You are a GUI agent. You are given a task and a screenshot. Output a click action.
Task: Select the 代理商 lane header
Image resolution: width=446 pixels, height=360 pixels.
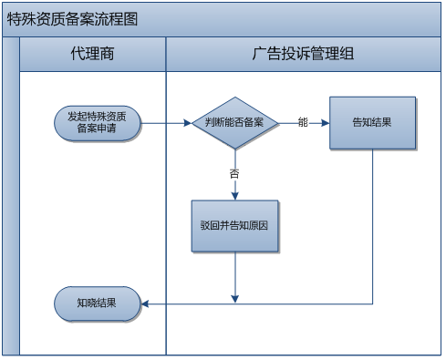[x=92, y=54]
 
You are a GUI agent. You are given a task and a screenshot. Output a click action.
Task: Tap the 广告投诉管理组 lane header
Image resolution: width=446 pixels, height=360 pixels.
[x=303, y=54]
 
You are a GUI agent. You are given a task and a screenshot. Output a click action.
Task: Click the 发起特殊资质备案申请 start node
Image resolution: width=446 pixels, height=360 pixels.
[x=97, y=122]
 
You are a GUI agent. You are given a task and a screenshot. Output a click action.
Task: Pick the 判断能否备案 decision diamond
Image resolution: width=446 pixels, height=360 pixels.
[x=234, y=122]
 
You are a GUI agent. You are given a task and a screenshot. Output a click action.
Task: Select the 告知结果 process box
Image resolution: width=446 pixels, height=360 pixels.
[x=372, y=122]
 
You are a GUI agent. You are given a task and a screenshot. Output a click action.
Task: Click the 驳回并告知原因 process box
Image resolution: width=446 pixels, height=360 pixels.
[x=234, y=224]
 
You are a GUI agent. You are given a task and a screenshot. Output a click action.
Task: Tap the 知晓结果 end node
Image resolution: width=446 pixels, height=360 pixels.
[x=97, y=303]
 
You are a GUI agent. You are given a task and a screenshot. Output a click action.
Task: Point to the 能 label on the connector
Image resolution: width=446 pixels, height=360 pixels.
[x=303, y=122]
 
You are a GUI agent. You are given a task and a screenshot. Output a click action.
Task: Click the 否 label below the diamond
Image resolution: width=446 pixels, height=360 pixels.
[x=234, y=171]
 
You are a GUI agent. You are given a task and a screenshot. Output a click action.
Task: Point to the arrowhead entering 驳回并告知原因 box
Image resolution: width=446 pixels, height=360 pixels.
[x=235, y=194]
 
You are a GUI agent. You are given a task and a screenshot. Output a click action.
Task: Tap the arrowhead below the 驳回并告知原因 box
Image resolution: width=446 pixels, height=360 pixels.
[x=235, y=297]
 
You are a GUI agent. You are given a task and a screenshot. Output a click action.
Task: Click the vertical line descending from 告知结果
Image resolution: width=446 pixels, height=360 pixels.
[x=372, y=228]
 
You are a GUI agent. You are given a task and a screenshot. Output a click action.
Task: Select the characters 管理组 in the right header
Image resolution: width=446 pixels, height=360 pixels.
[x=335, y=54]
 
